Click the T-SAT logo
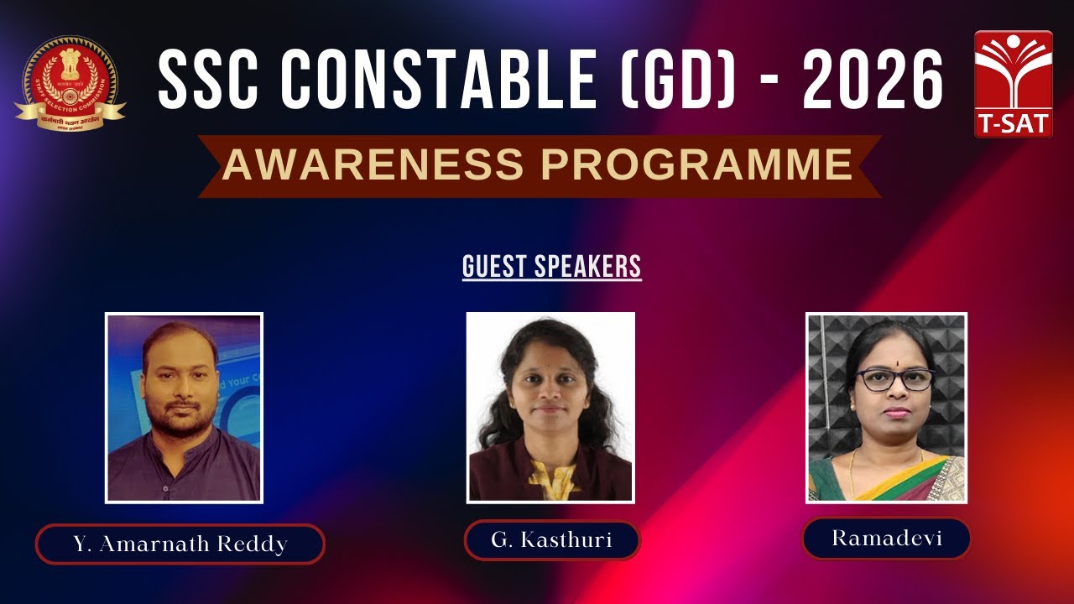1014,84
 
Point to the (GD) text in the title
684,79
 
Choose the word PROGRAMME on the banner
671,165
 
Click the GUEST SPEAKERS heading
551,267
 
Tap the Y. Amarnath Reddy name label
180,544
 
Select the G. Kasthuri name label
551,539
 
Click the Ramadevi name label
886,538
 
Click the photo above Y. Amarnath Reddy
184,408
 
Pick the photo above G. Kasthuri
550,407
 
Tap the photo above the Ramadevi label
886,408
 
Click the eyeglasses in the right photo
894,379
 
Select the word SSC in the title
210,79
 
